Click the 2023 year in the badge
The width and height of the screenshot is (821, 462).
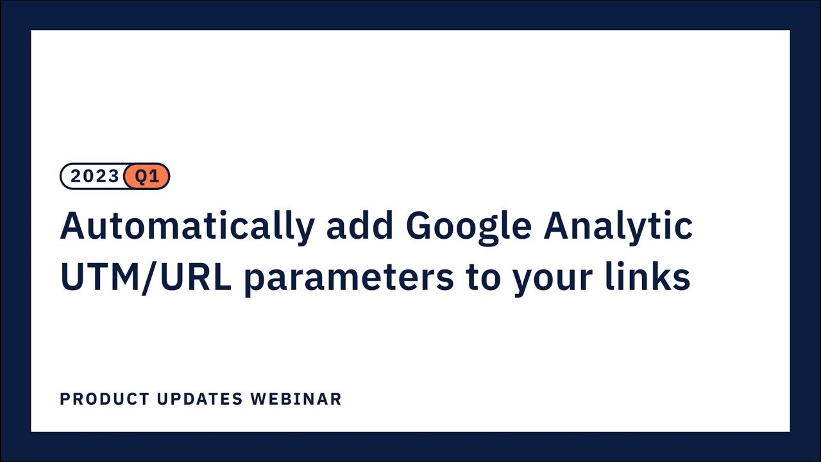coord(94,176)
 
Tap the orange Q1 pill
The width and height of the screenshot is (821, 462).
coord(147,176)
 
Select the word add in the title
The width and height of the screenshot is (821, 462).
coord(359,226)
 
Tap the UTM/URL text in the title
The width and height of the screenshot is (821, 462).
coord(146,278)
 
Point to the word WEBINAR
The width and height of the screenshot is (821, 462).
coord(296,399)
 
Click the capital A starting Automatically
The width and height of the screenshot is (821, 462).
coord(73,226)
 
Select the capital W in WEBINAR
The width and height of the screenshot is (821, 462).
coord(258,399)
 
